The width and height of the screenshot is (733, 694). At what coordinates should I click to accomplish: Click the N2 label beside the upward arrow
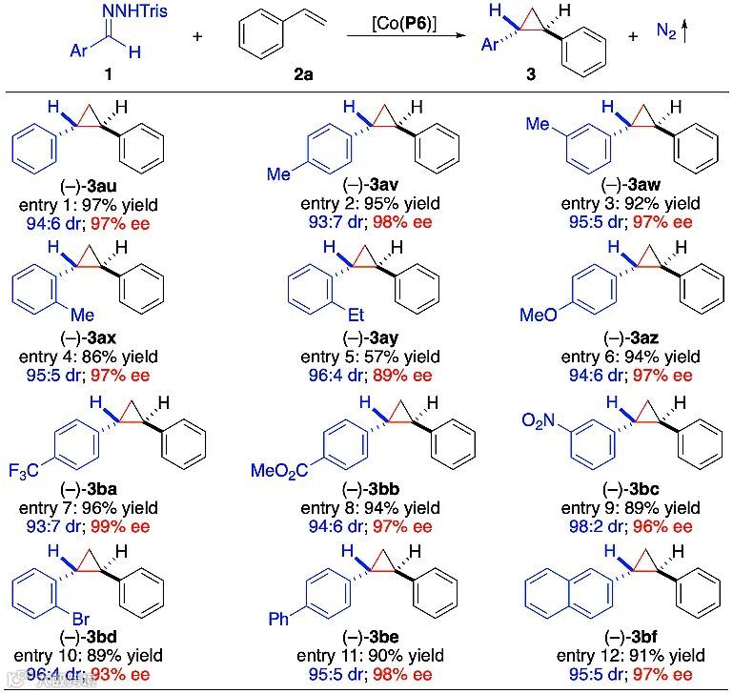669,32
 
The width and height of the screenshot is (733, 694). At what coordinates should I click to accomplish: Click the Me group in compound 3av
278,174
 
